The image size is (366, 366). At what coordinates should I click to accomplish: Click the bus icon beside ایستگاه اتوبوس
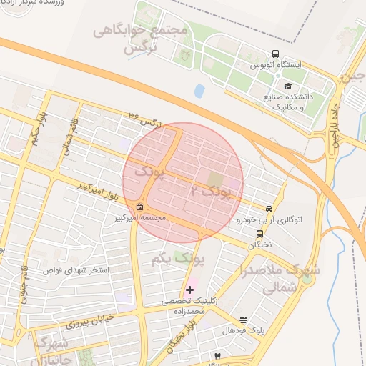point(275,54)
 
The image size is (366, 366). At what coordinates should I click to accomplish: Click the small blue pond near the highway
point(199,91)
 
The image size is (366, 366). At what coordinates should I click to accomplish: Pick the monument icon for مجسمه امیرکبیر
point(139,208)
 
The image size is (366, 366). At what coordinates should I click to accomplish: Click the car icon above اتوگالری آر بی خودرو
point(269,209)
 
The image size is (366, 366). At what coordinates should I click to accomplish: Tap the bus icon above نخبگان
point(259,233)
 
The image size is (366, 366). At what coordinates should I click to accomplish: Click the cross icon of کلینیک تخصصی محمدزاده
point(189,290)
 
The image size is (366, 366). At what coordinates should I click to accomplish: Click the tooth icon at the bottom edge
point(217,355)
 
